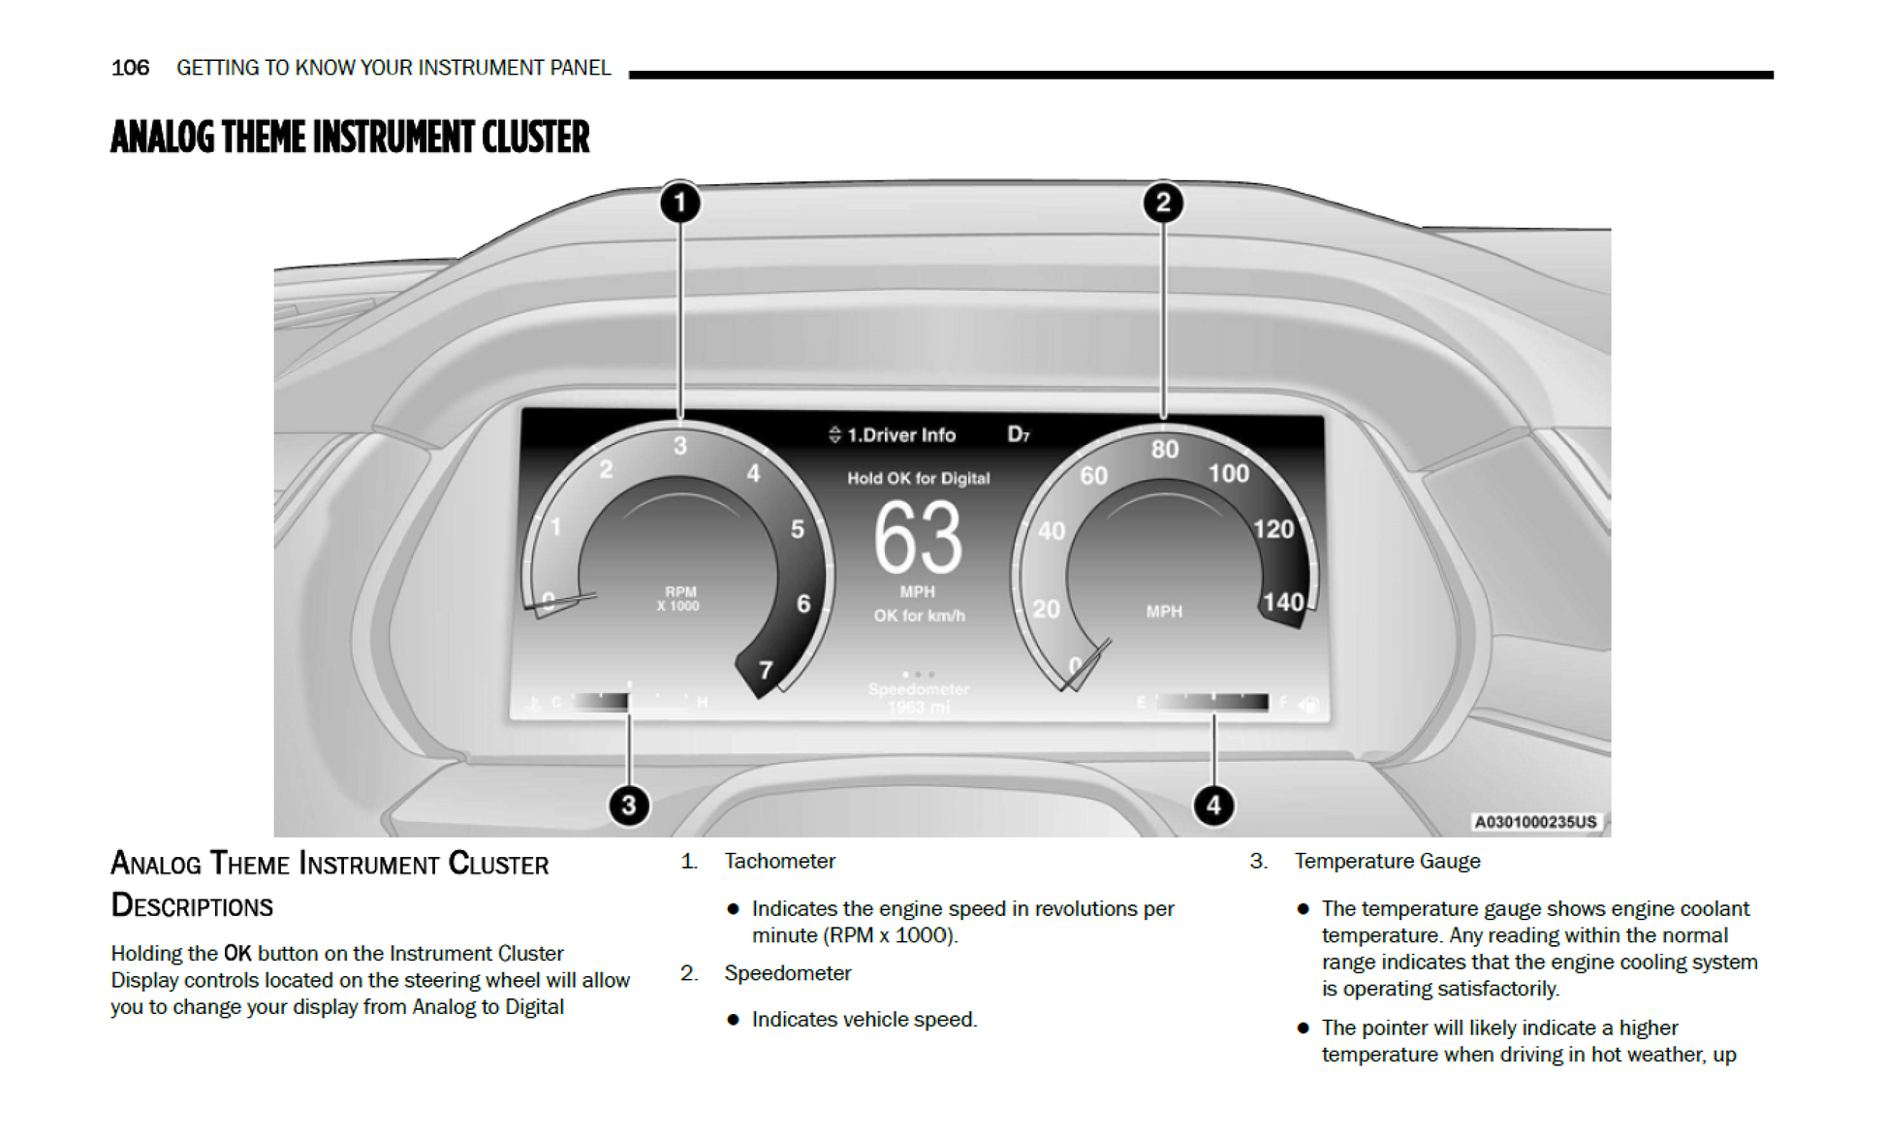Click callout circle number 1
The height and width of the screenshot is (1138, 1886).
click(x=680, y=203)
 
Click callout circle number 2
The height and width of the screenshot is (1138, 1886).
click(x=1163, y=203)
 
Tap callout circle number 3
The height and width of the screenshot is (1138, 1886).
click(x=629, y=805)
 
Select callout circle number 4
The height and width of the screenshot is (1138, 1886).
click(x=1213, y=805)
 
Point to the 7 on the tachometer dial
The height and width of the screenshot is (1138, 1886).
click(x=766, y=670)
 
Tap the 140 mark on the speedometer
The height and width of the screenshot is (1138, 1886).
click(x=1282, y=603)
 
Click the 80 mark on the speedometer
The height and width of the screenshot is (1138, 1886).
click(x=1165, y=449)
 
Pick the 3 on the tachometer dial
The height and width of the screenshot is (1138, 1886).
click(x=680, y=445)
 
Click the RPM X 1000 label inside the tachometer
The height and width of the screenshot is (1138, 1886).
click(x=678, y=599)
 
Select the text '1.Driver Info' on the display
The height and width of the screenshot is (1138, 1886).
click(x=900, y=435)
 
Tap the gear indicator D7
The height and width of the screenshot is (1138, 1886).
click(x=1018, y=434)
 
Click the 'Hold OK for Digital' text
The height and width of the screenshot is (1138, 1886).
click(x=918, y=478)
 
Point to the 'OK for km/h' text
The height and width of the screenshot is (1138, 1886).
click(x=919, y=616)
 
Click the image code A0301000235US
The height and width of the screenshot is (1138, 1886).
click(x=1534, y=822)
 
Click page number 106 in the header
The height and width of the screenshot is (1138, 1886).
click(x=130, y=68)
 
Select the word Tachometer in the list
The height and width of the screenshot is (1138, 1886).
click(x=779, y=861)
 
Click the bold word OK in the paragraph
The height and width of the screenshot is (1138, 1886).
click(x=237, y=953)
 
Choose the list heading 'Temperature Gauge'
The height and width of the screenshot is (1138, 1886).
click(x=1387, y=861)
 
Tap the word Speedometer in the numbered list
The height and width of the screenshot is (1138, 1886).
click(x=787, y=972)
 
